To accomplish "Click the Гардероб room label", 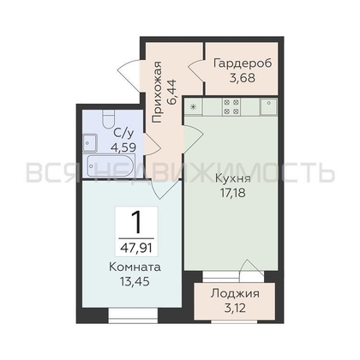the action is (x=243, y=63).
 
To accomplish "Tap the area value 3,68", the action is (x=243, y=78).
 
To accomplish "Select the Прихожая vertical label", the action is (x=157, y=92).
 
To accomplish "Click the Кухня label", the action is (x=233, y=178).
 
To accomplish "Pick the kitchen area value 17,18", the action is (x=233, y=193).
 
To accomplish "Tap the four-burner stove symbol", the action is (x=231, y=107).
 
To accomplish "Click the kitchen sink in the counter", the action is (x=268, y=106).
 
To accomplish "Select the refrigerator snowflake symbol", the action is (x=194, y=107).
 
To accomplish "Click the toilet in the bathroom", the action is (x=109, y=119).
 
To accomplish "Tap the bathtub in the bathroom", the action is (x=111, y=165).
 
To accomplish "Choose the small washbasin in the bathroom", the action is (x=90, y=143).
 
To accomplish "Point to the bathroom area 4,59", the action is (x=123, y=147).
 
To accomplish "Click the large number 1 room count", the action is (x=136, y=222).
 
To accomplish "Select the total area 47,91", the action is (x=136, y=248).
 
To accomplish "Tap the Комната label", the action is (x=135, y=267).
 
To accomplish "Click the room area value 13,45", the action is (x=135, y=282).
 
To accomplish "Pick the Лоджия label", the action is (x=235, y=294).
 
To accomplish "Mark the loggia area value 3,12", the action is (x=235, y=309).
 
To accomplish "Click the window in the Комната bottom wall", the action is (x=133, y=315).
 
